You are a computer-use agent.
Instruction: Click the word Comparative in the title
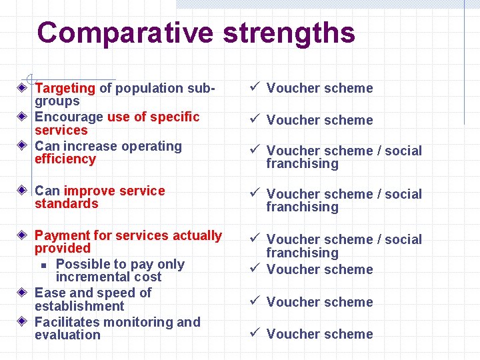click(x=125, y=32)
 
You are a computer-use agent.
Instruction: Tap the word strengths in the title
click(x=289, y=32)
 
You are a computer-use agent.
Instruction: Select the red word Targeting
click(x=65, y=88)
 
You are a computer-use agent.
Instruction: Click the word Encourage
click(x=69, y=117)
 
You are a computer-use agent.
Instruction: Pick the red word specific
click(x=175, y=117)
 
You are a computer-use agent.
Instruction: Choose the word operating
click(x=150, y=146)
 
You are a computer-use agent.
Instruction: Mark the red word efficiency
click(x=65, y=159)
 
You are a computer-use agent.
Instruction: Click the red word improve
click(x=91, y=191)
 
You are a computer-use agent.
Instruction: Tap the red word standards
click(x=66, y=204)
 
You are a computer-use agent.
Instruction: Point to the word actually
click(x=197, y=235)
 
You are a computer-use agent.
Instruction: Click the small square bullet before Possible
click(x=43, y=265)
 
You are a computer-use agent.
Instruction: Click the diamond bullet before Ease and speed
click(x=23, y=293)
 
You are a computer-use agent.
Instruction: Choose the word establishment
click(x=79, y=307)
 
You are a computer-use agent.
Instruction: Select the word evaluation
click(x=67, y=335)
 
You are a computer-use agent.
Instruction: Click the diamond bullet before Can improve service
click(x=23, y=191)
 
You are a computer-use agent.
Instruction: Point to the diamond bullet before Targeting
click(x=23, y=87)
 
